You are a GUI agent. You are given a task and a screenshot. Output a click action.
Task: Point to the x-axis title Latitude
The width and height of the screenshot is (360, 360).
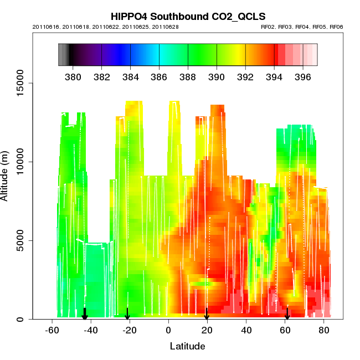(187, 347)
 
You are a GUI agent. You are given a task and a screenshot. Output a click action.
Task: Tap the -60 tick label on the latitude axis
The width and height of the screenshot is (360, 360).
(52, 331)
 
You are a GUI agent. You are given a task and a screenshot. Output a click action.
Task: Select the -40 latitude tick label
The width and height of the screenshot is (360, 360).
(91, 331)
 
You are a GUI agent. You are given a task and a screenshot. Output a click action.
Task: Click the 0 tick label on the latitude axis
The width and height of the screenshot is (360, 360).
(168, 331)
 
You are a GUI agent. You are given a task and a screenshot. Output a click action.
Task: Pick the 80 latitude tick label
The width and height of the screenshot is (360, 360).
(323, 331)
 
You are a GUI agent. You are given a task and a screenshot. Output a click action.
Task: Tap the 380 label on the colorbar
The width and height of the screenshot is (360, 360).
(73, 76)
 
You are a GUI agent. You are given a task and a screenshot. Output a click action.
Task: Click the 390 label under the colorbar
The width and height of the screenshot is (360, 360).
(217, 76)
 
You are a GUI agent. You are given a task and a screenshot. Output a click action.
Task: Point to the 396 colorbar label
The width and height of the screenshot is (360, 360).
(302, 76)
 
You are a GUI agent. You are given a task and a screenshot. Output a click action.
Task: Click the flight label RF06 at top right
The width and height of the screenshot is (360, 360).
(337, 27)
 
